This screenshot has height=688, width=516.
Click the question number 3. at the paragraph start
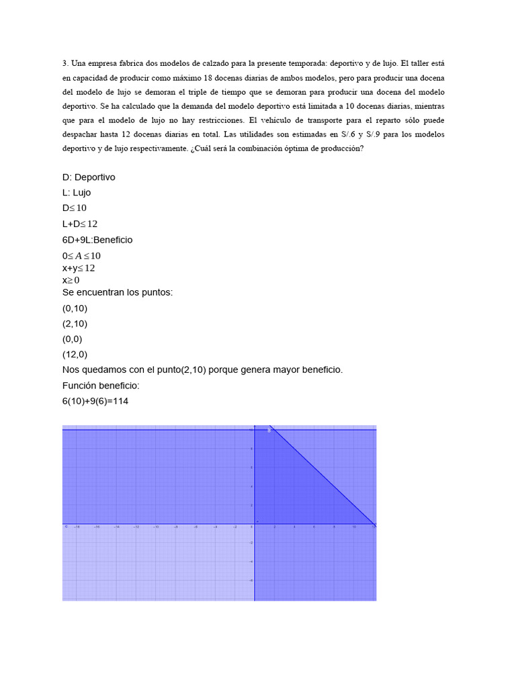click(66, 63)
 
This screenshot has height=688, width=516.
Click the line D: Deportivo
click(89, 177)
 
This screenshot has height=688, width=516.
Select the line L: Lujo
click(77, 193)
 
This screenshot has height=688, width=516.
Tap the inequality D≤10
click(75, 208)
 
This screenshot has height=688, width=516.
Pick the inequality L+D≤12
click(80, 224)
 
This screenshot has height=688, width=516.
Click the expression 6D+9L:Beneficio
click(97, 240)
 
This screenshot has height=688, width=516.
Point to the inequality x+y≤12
click(79, 268)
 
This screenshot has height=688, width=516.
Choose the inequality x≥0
click(71, 279)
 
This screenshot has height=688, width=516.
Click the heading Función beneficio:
click(101, 386)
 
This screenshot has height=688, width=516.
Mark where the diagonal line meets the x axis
click(374, 523)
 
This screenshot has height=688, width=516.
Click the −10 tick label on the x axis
click(156, 527)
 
